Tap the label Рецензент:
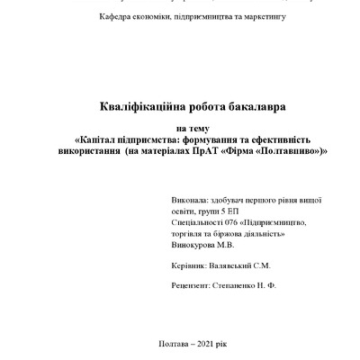[x=191, y=287]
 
